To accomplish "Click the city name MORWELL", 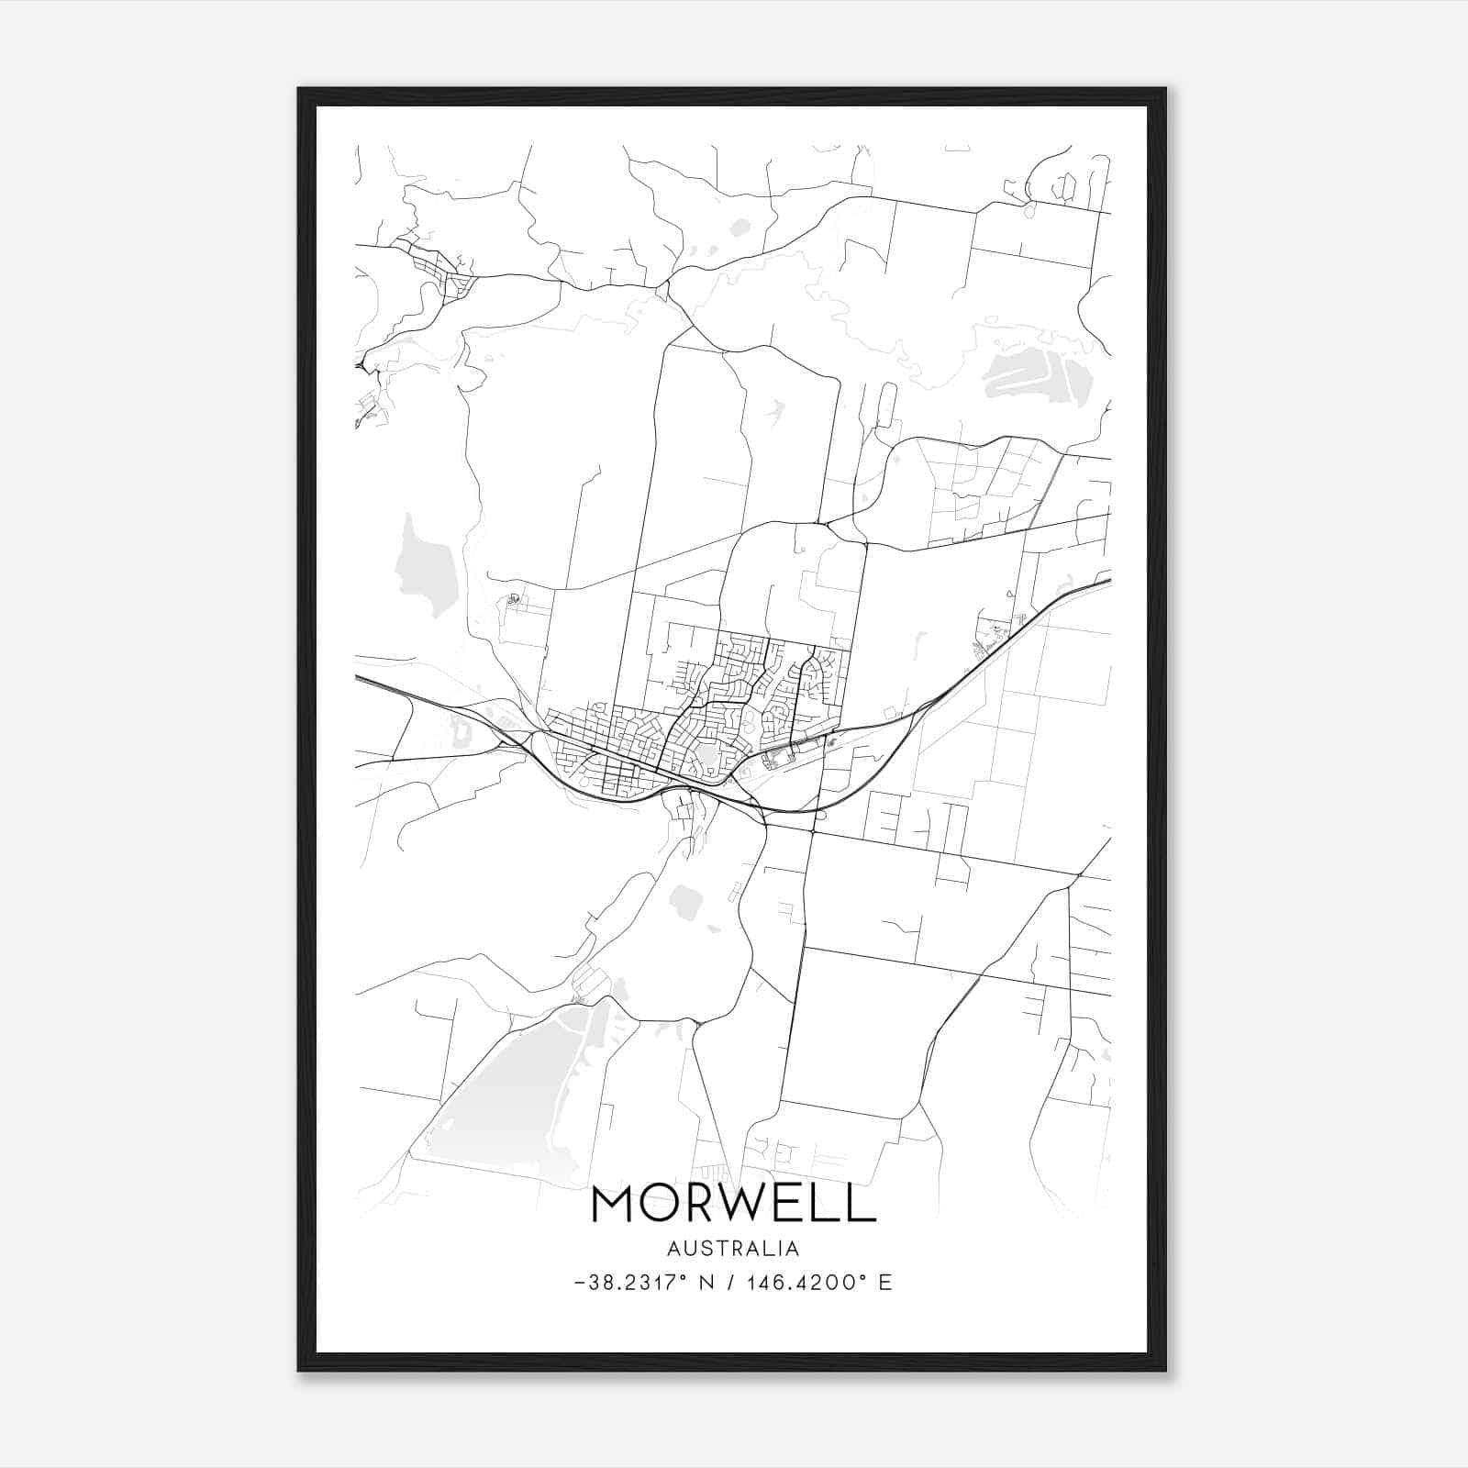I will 734,1204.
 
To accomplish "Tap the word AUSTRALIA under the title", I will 733,1249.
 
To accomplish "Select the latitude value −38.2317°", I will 629,1283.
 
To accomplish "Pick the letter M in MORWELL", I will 612,1204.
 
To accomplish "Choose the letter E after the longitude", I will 885,1283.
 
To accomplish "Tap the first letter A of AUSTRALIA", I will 674,1249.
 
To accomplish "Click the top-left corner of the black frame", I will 300,90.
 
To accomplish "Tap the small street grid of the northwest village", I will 440,268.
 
